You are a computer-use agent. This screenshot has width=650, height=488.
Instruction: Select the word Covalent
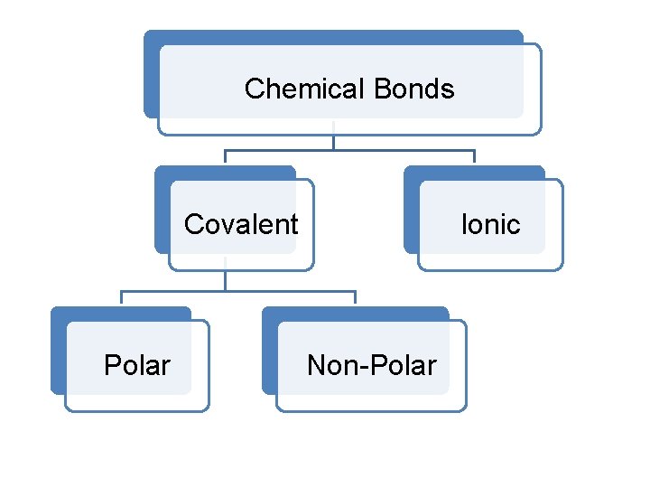[241, 223]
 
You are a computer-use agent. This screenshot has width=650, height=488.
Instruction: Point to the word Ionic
[490, 223]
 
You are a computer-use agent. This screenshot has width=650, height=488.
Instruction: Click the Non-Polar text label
[371, 365]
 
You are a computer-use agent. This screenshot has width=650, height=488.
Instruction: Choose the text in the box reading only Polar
[137, 365]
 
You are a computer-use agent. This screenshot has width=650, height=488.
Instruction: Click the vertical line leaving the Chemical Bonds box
[334, 142]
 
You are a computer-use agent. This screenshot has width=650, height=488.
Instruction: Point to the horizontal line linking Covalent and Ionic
[397, 150]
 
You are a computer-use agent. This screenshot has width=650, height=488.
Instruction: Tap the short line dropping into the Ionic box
[474, 157]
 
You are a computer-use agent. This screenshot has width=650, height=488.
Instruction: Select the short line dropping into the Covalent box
[225, 157]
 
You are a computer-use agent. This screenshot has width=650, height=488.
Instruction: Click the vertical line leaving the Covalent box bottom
[225, 280]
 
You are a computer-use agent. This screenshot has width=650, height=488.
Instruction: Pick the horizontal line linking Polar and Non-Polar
[289, 291]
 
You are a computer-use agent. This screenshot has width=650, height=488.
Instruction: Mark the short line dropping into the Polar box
[121, 299]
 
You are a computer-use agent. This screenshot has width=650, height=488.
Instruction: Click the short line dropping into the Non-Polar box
[355, 299]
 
